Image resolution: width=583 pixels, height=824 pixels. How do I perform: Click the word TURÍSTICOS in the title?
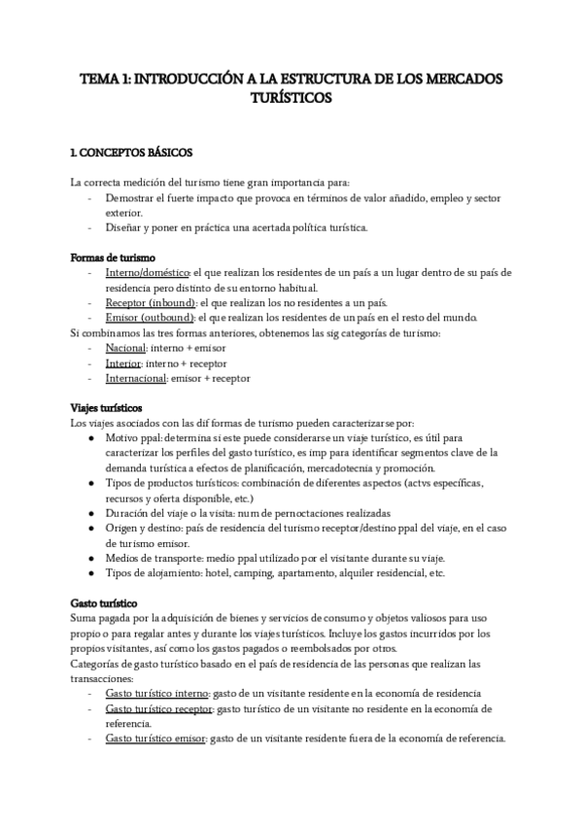291,98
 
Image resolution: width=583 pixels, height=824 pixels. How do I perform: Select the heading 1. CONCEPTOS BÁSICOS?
132,153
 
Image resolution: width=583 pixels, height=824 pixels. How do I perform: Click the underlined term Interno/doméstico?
148,273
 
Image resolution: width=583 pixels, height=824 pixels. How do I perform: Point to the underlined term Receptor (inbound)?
151,302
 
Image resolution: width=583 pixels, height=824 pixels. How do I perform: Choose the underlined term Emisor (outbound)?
151,318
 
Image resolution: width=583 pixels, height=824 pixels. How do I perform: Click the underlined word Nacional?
126,347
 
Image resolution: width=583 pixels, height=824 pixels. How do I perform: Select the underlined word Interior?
123,362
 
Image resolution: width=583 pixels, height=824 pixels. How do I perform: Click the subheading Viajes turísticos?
107,407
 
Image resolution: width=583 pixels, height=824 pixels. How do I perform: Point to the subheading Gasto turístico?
104,603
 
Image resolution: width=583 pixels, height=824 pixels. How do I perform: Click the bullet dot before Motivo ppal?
91,438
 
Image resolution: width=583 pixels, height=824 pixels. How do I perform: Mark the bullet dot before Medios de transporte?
91,558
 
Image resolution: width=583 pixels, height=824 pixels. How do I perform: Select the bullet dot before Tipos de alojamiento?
91,573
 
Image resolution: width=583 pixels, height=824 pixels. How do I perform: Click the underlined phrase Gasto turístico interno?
159,694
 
